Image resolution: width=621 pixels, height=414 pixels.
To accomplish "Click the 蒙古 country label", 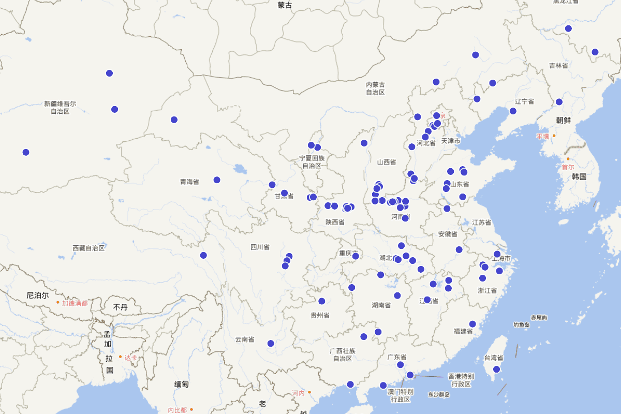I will tap(285, 5).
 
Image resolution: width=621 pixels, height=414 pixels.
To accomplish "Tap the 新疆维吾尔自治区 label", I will tap(60, 108).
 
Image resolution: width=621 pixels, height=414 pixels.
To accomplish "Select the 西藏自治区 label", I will tap(88, 248).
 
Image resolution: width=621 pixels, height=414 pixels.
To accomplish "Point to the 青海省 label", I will tap(189, 182).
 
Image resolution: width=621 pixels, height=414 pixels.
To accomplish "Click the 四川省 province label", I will tap(260, 247).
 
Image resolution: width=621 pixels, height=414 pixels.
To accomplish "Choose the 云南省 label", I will tap(245, 339).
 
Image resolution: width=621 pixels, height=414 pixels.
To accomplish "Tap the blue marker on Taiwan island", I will tap(496, 369).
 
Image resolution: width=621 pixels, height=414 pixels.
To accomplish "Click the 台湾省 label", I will tap(494, 358).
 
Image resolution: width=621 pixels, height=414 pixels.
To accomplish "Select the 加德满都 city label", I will tap(75, 303).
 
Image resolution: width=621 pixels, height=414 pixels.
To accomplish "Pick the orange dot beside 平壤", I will tap(554, 136).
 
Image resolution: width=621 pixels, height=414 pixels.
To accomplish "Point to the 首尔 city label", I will tap(568, 167).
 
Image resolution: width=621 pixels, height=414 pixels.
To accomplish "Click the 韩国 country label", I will tap(579, 176).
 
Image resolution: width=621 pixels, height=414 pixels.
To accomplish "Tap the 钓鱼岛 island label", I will tap(522, 324).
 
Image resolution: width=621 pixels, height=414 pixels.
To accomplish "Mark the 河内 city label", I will tap(299, 393).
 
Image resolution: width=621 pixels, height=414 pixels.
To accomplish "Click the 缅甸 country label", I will tap(182, 384).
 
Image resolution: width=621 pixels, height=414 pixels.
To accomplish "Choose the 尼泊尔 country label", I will tap(38, 295).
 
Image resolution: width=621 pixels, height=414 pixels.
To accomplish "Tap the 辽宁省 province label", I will tap(524, 102).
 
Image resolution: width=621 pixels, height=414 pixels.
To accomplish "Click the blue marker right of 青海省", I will tap(217, 180).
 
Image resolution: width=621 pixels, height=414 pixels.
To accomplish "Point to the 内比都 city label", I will tap(178, 410).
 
